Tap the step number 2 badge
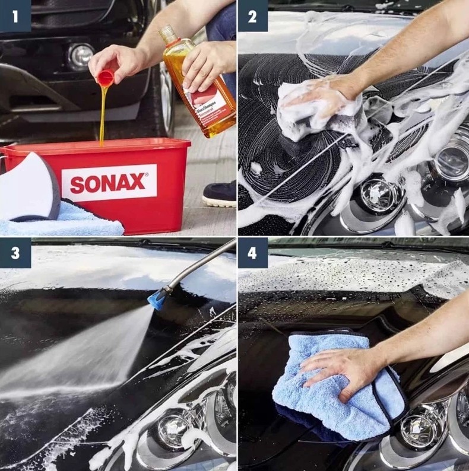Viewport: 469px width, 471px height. pos(252,16)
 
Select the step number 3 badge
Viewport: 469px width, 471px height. pos(14,253)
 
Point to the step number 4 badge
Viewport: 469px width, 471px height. pos(252,253)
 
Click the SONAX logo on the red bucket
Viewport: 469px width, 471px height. pos(109,183)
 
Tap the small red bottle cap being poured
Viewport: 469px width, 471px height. pos(105,78)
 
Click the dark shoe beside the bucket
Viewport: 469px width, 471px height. pos(219,193)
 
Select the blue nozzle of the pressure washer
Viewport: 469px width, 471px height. pos(157,298)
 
